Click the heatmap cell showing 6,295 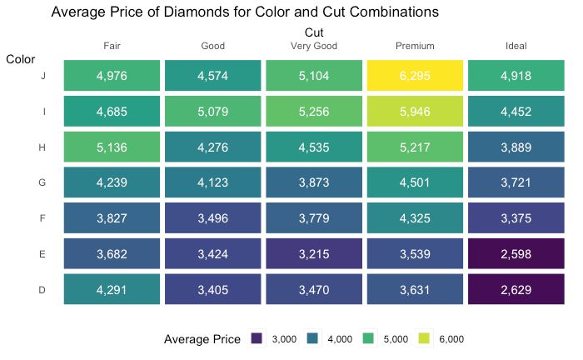click(415, 76)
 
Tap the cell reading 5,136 click(112, 147)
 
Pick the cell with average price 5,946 click(415, 112)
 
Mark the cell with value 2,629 click(516, 291)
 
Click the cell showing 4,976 click(112, 76)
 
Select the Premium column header click(415, 46)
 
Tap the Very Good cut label click(313, 46)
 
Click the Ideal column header click(516, 46)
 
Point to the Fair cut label click(112, 46)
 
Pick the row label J click(42, 76)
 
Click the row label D click(42, 291)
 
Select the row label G click(42, 183)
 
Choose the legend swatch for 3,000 click(257, 339)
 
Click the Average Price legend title click(202, 339)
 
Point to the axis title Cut click(314, 32)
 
